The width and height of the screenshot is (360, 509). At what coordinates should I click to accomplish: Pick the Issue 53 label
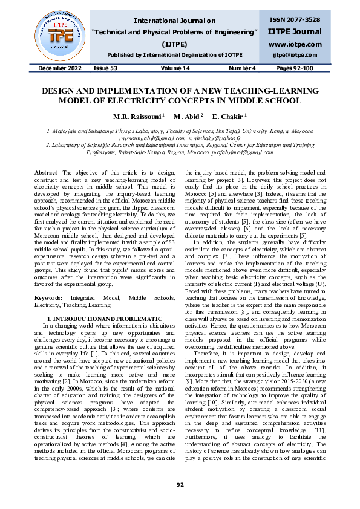coord(106,69)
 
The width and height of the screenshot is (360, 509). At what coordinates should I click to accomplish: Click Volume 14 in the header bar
coord(176,69)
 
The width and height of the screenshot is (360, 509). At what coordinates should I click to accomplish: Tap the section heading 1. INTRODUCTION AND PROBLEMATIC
coord(104,318)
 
